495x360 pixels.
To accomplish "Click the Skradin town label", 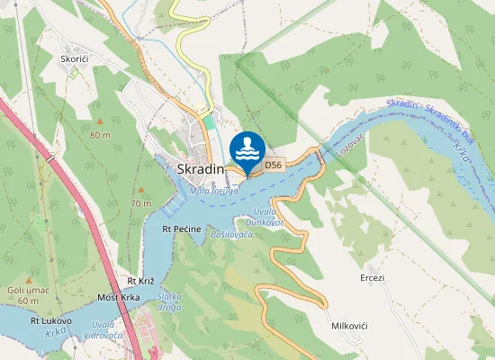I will click(200, 169).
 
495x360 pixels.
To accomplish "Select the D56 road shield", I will click(274, 165).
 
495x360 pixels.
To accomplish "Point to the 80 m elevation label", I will click(100, 135).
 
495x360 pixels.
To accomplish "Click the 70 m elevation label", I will click(140, 203).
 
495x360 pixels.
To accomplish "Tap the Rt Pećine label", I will click(181, 229).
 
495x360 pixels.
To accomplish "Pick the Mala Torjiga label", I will click(213, 191).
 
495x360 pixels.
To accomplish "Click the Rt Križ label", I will click(142, 282).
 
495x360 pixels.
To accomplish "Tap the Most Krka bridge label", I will click(118, 297).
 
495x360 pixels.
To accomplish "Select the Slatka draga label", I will click(170, 301).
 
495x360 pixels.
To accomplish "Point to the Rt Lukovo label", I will click(51, 319).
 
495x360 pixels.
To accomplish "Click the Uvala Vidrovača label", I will click(101, 329).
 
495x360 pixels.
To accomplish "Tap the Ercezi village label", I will click(372, 277).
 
